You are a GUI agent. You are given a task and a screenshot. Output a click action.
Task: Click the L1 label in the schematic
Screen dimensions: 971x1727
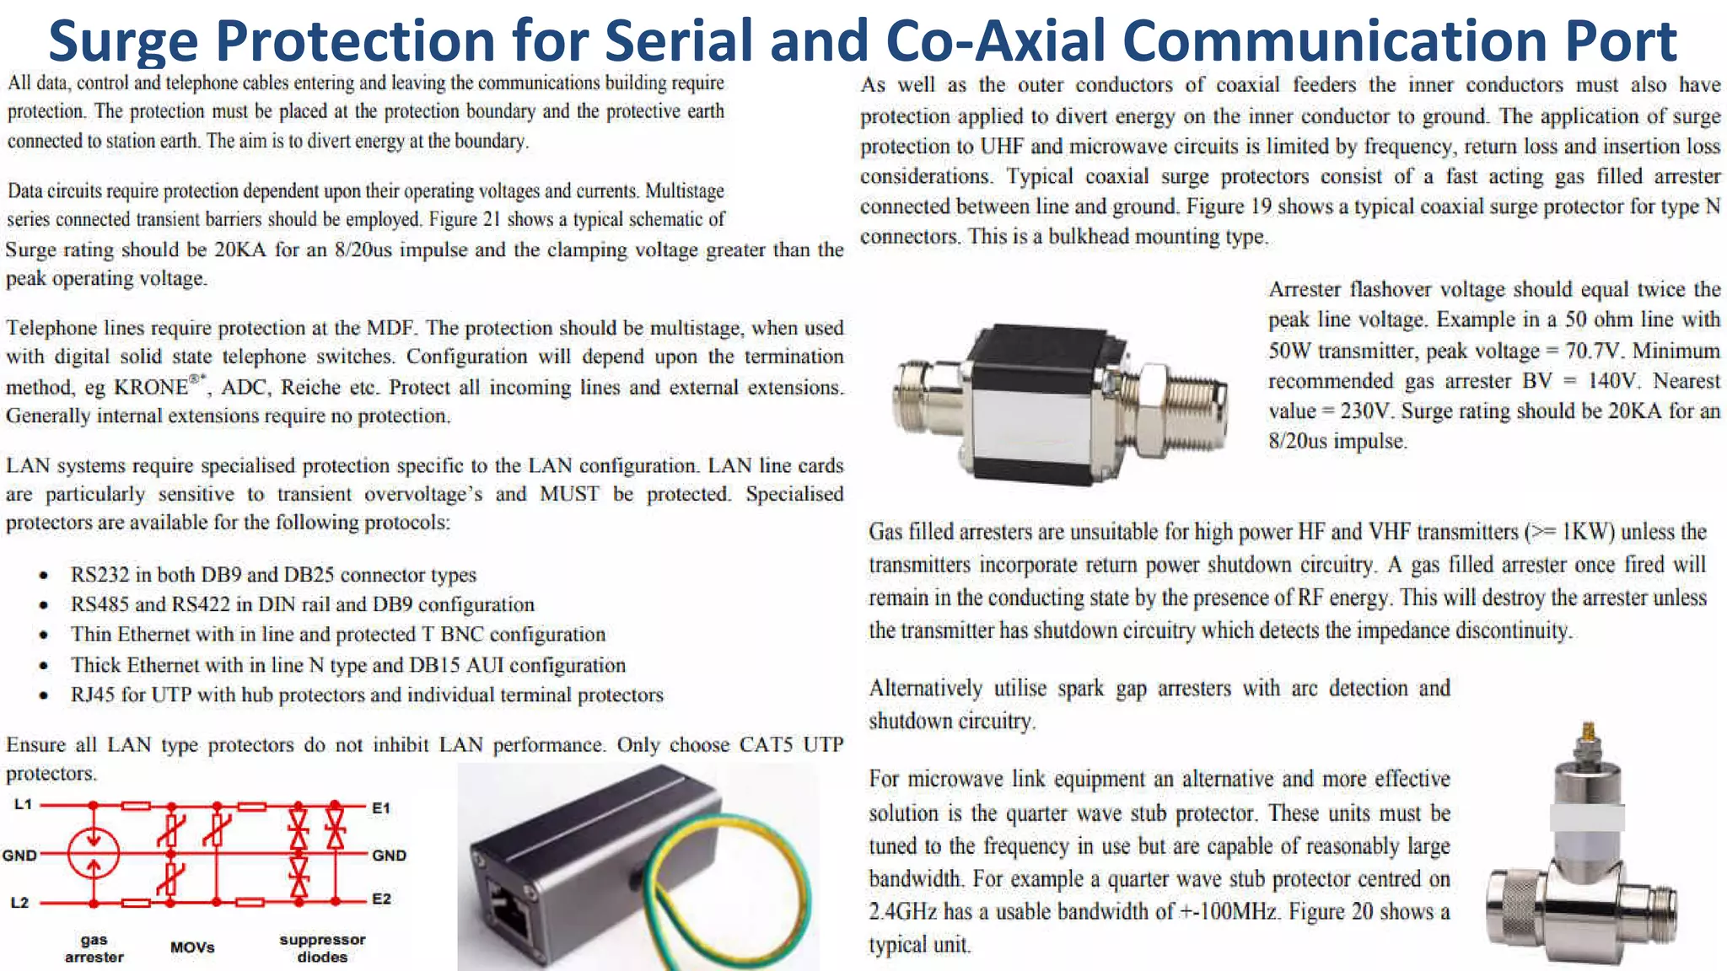click(x=23, y=805)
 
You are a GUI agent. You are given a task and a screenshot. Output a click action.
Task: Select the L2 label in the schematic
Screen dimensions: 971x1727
click(x=19, y=903)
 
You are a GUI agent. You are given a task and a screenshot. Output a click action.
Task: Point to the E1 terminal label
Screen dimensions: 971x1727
click(x=381, y=807)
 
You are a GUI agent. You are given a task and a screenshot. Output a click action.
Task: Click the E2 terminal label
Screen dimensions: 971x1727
click(x=381, y=899)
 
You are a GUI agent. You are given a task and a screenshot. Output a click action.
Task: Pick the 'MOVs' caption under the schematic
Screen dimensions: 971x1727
click(x=192, y=947)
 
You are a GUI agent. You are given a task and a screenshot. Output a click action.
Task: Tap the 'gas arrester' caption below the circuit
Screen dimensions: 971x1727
click(x=94, y=948)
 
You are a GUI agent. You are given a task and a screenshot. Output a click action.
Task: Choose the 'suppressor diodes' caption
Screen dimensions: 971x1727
click(x=322, y=948)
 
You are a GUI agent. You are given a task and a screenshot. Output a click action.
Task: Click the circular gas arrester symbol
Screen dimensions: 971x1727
click(x=94, y=853)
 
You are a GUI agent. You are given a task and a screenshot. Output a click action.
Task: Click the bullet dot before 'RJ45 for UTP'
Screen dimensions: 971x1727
click(x=43, y=695)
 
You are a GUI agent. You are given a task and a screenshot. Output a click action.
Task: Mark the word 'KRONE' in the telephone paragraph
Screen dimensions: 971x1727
click(x=151, y=388)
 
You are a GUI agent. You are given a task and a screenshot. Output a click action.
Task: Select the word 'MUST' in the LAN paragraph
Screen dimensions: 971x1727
click(x=569, y=494)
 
